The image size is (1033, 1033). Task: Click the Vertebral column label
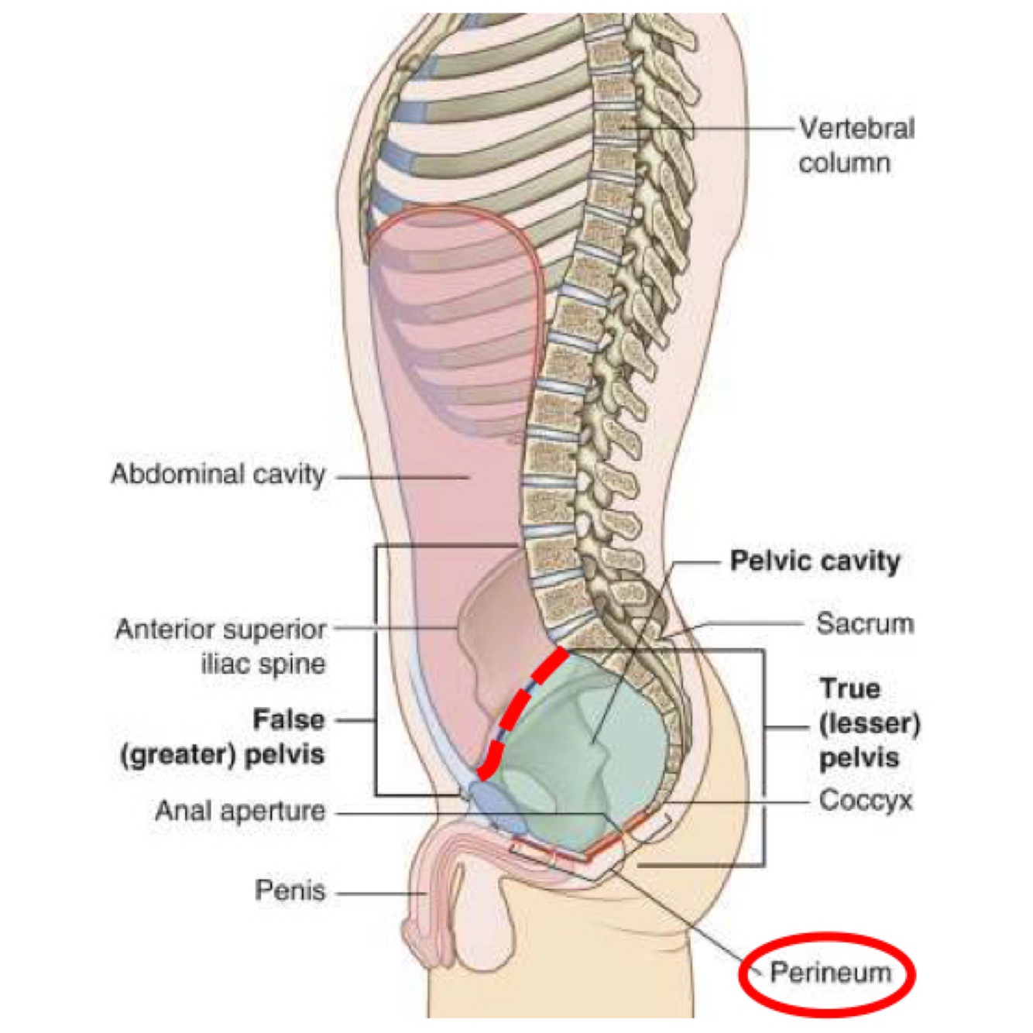pos(856,145)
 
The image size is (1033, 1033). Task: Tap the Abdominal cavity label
pos(218,474)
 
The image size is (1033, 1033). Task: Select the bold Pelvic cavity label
pos(815,561)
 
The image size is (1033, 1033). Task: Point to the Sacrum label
pos(864,623)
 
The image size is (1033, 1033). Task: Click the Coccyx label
pos(865,801)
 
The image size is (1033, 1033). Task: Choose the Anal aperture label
pos(240,812)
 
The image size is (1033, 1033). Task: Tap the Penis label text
pos(290,891)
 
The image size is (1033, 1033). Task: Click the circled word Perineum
pos(830,973)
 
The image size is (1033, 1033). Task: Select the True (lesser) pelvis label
pos(869,723)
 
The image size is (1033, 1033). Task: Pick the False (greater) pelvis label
pos(223,736)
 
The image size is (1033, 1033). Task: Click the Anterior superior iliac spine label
pos(221,646)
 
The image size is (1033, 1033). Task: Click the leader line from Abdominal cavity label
pos(403,477)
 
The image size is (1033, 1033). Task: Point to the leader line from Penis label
pos(379,894)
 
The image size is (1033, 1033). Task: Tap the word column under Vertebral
pos(844,163)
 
